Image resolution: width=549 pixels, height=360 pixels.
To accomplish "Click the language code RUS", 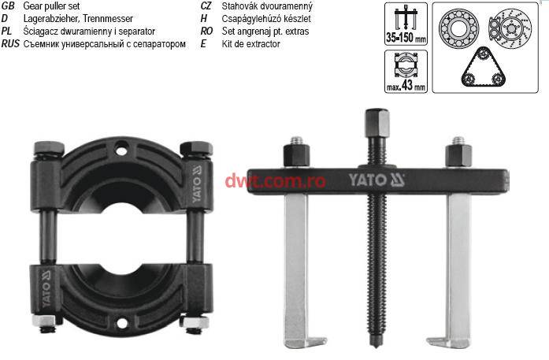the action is [10, 44].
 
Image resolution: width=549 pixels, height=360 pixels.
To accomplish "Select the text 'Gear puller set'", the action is [51, 6].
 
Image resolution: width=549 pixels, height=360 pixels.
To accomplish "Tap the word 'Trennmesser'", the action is [108, 19].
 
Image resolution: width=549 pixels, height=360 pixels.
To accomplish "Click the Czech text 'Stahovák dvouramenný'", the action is [267, 6].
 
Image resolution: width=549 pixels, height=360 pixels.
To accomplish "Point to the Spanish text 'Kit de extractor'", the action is [250, 44].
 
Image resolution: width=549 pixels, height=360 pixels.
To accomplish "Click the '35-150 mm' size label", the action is [406, 37].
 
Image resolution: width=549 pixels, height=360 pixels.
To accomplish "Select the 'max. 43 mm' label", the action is [406, 85].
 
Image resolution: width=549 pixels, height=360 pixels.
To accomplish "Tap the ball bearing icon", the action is [458, 28].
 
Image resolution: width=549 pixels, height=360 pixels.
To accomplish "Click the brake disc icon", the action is [510, 28].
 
